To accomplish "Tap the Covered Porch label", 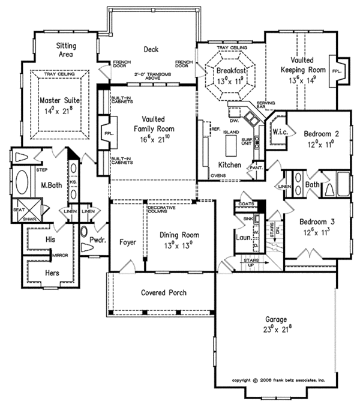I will point(163,293).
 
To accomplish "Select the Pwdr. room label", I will point(97,240).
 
